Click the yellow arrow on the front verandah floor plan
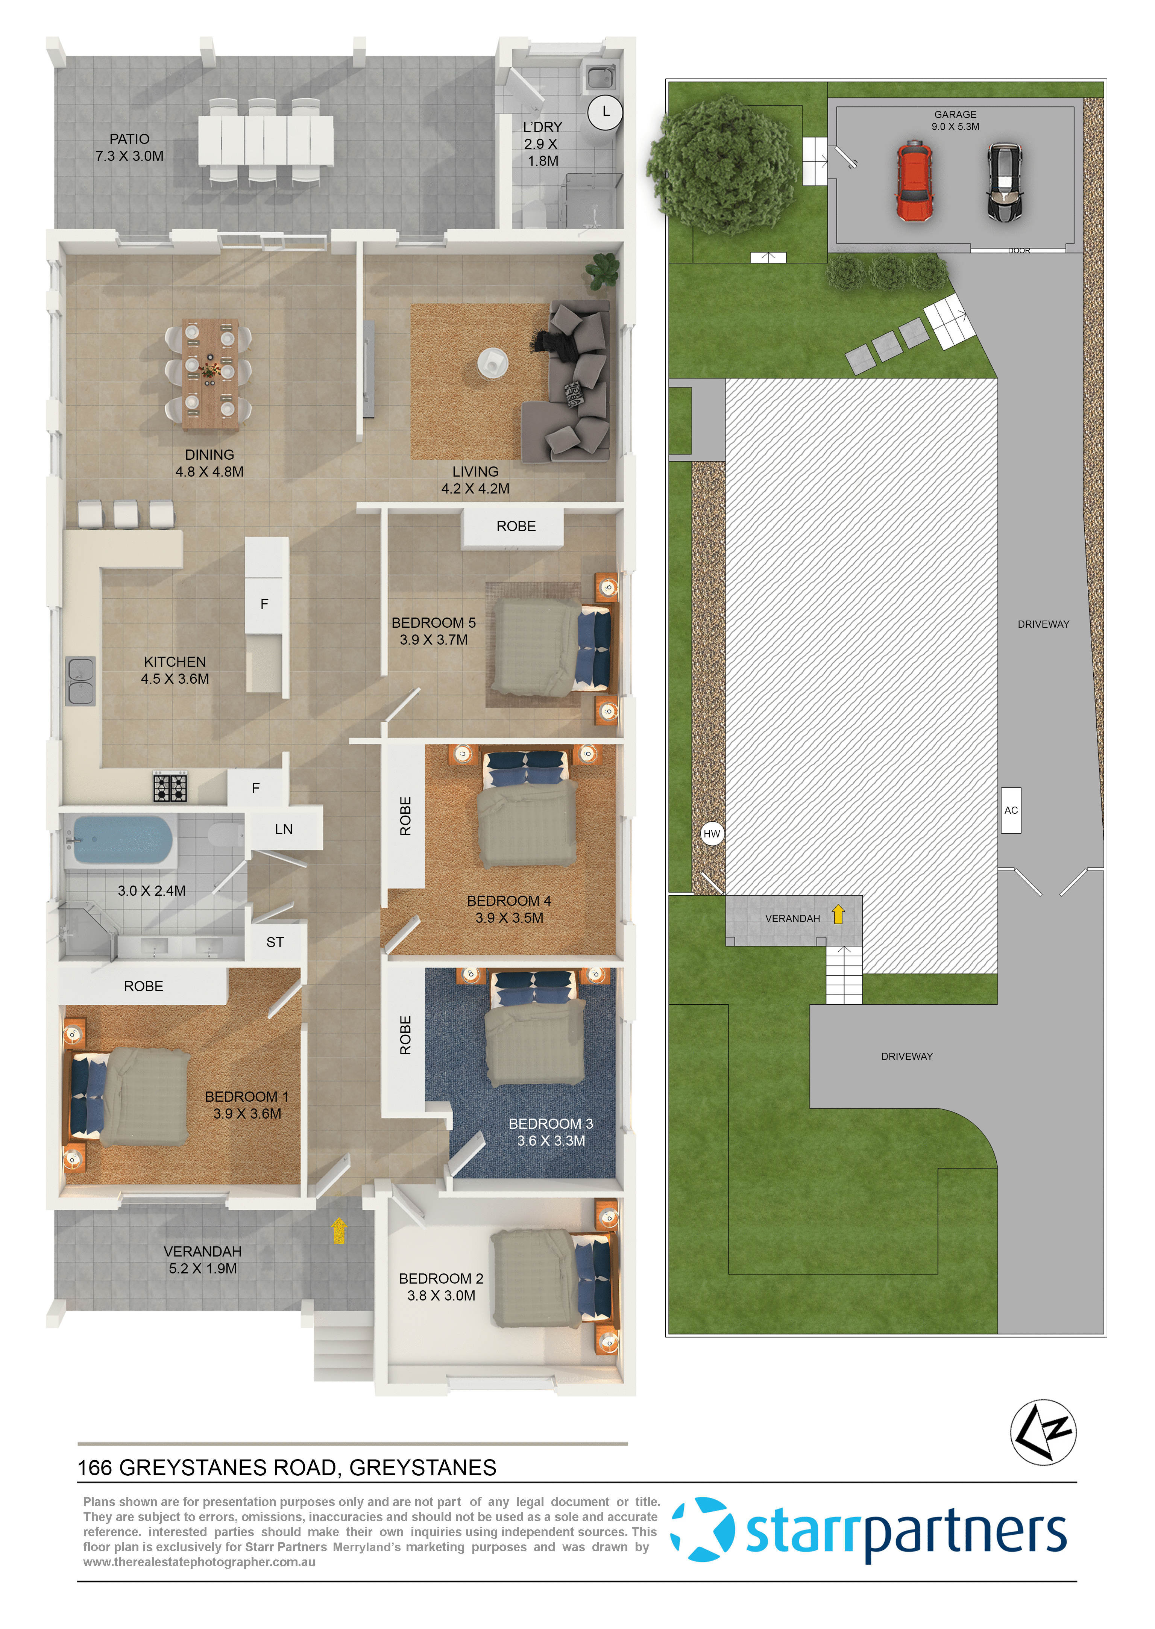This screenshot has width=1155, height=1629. [339, 1231]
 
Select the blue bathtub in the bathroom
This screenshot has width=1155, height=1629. [121, 839]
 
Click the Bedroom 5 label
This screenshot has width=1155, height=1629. [433, 630]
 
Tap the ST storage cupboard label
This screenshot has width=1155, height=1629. [275, 942]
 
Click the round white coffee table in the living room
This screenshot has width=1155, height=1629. [493, 362]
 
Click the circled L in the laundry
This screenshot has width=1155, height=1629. [605, 112]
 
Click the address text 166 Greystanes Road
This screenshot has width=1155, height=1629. [287, 1468]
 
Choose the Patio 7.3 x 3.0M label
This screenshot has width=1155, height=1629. [129, 147]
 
